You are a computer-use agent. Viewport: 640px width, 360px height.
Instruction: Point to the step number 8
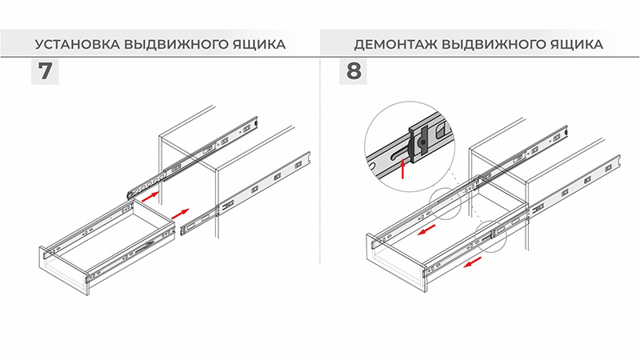click(354, 71)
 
